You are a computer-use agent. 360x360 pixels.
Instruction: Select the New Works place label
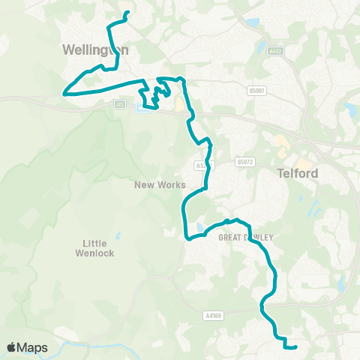155,184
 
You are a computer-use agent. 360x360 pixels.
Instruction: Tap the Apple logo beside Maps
12,347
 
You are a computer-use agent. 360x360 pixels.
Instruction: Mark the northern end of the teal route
127,12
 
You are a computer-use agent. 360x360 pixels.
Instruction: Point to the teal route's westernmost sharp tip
64,94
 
